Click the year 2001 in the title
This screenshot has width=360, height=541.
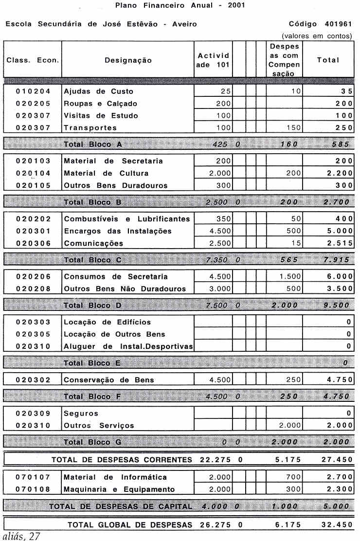[236, 6]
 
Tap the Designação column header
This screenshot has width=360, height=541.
[128, 60]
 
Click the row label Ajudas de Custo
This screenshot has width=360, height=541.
[98, 91]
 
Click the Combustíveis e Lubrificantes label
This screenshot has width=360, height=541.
[127, 219]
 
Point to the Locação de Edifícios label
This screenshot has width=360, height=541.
[108, 322]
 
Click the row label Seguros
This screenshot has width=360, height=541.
[81, 414]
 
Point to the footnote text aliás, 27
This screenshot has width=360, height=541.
[20, 536]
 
